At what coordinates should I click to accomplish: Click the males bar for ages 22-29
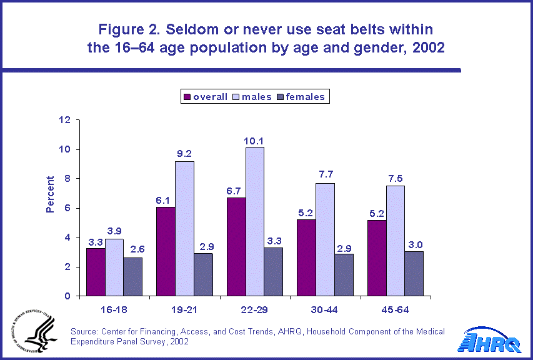coord(254,221)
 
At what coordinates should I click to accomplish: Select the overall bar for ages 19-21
coord(166,251)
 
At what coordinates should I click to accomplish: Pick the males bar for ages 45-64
coord(396,241)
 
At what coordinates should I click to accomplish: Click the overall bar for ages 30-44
coord(306,257)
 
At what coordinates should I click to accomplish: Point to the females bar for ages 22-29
coord(273,272)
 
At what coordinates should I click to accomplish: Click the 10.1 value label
coord(254,139)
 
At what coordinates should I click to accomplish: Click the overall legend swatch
coord(187,97)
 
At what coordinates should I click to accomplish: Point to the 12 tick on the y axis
coord(66,120)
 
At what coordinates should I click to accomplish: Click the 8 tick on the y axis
coord(67,179)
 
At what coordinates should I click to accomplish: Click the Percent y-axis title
coord(50,194)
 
